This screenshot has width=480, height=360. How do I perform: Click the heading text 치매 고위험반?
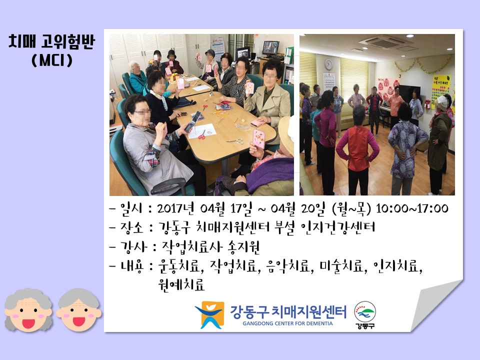(51, 41)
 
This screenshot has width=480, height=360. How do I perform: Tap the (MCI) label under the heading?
(52, 60)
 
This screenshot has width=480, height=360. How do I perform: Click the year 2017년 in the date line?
(175, 208)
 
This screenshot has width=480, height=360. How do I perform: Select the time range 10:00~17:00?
(412, 208)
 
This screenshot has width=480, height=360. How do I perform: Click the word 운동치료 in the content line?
(179, 266)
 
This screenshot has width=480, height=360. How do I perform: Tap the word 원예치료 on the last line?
(181, 284)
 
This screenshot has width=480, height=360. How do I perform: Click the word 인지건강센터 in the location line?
(338, 227)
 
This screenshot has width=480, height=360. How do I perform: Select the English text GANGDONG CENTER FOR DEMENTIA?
(288, 323)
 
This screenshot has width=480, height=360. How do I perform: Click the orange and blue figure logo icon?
(210, 314)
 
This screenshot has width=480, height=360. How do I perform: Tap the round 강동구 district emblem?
(365, 314)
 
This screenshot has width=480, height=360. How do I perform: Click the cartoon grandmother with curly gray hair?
(28, 310)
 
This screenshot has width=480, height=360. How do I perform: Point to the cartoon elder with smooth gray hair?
(78, 310)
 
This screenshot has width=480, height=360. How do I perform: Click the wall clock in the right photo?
(328, 64)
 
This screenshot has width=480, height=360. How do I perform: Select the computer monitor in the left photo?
(270, 48)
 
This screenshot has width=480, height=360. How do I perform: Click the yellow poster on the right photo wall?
(440, 90)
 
